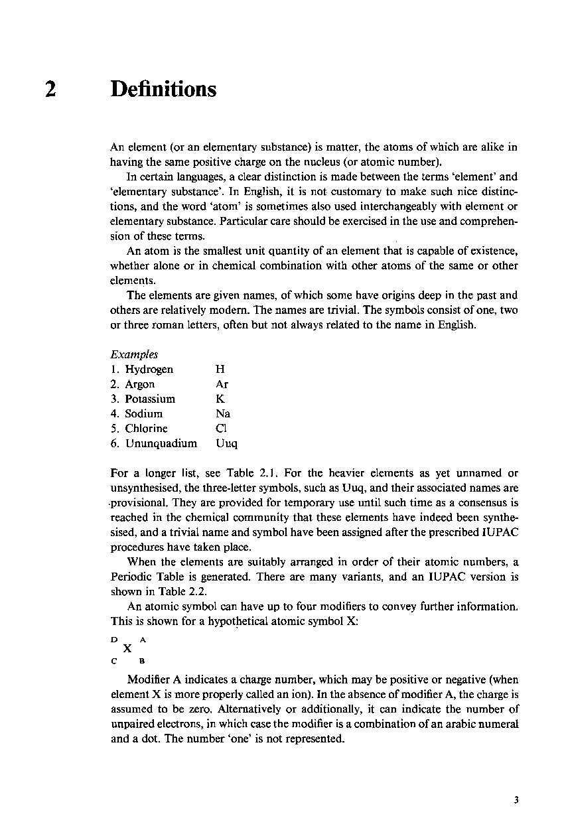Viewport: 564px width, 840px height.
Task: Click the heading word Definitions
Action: click(x=163, y=89)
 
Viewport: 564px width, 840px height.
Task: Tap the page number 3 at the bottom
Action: click(x=516, y=800)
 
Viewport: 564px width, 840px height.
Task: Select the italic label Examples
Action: click(x=134, y=355)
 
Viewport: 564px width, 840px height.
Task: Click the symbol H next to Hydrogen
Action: click(x=220, y=370)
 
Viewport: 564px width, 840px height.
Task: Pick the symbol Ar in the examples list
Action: click(x=222, y=384)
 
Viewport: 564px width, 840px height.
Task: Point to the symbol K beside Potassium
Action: click(x=220, y=399)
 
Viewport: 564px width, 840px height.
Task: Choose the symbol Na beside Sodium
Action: click(x=223, y=413)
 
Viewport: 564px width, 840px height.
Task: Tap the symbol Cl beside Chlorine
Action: click(x=222, y=428)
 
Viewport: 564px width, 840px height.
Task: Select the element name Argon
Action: click(x=139, y=384)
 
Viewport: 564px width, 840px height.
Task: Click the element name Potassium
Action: click(x=150, y=399)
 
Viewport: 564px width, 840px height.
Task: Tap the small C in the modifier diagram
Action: click(x=113, y=661)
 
